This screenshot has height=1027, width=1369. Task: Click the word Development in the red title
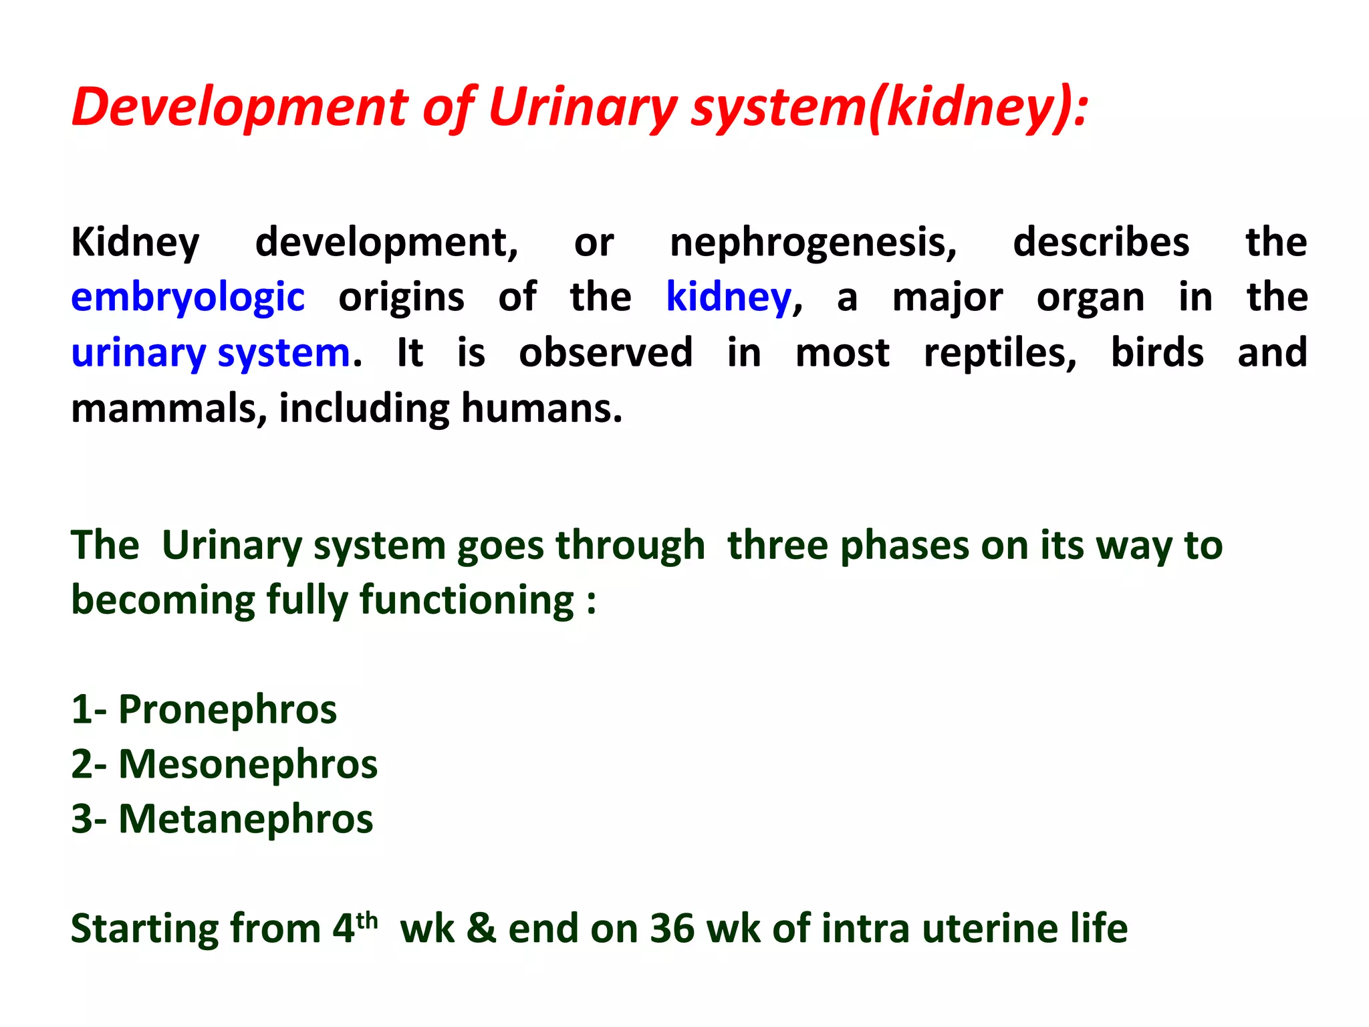(239, 107)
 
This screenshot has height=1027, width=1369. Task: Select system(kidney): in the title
(889, 107)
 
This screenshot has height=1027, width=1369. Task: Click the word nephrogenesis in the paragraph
(813, 242)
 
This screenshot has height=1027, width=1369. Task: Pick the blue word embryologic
(188, 298)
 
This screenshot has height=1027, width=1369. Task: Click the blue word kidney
(729, 298)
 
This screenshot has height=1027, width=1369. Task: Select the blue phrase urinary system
(211, 353)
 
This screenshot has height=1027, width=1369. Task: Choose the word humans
(541, 409)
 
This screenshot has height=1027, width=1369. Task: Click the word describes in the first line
(1101, 242)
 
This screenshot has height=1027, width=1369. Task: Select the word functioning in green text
(467, 600)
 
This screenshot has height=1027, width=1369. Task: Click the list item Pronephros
(227, 709)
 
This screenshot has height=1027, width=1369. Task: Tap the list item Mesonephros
(247, 764)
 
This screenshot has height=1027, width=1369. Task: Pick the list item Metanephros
(245, 819)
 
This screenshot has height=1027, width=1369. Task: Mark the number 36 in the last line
(672, 929)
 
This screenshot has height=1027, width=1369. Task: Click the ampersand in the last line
(481, 929)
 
